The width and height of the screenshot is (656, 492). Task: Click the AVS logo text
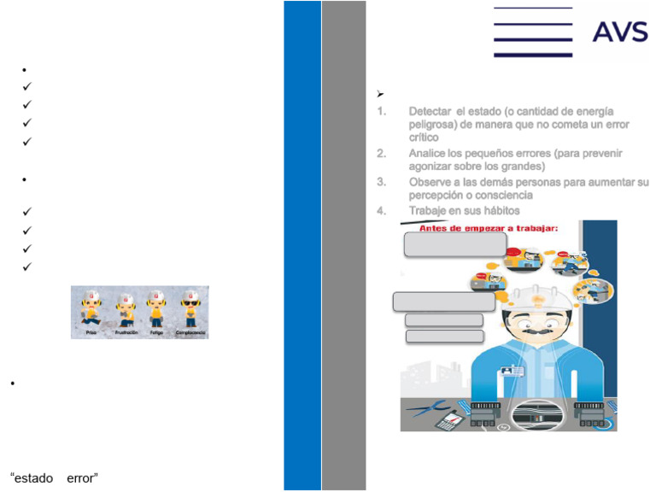click(x=620, y=32)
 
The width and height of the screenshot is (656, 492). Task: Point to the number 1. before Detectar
click(x=382, y=112)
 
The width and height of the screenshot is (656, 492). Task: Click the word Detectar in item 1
click(x=430, y=112)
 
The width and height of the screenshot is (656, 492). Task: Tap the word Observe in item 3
click(x=431, y=182)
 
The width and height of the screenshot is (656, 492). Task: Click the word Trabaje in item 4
click(x=429, y=211)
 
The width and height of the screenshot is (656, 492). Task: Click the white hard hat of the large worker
click(x=536, y=295)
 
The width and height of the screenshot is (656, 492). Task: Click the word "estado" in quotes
click(x=32, y=477)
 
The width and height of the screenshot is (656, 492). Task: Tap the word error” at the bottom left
click(x=82, y=477)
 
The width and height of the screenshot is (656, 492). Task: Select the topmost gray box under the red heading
click(x=454, y=244)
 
